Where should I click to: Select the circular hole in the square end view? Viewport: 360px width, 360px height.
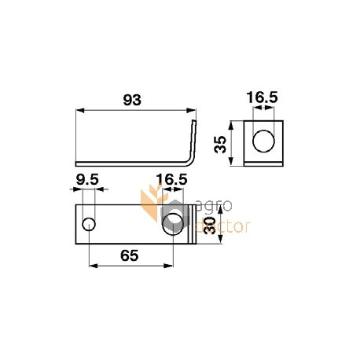coord(264,142)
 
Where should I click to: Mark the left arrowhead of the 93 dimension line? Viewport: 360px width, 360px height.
coord(77,111)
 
